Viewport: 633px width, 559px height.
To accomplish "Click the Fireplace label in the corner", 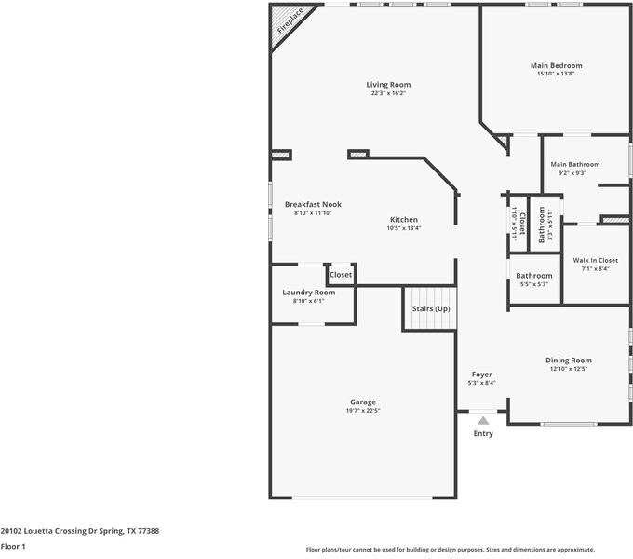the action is click(290, 21).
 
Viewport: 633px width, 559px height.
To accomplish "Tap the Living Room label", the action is click(388, 85).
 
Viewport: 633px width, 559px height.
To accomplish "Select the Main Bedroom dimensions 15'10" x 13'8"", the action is click(556, 74).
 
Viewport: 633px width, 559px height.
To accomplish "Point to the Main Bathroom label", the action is click(575, 164).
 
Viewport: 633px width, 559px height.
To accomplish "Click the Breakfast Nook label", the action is click(313, 204).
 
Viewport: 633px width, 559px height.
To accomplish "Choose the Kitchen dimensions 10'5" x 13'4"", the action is click(404, 228).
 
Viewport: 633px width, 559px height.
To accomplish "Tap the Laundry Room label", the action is click(308, 293).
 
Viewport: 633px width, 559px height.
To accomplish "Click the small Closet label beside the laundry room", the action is click(341, 275).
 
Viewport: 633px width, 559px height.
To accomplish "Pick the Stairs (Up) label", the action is click(431, 308).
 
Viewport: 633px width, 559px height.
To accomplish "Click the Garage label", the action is click(363, 402).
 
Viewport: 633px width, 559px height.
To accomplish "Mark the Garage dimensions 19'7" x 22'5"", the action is click(363, 411).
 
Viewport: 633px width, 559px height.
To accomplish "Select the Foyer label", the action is click(481, 375).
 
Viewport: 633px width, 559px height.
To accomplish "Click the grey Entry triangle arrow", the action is click(483, 421).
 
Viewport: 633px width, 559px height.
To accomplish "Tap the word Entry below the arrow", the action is click(483, 433).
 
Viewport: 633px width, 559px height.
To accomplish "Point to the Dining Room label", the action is click(569, 361).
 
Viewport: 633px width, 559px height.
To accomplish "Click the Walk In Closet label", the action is click(596, 261).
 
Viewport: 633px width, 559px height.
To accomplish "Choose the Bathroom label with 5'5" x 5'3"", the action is click(534, 276).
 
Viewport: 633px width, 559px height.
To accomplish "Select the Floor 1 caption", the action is click(13, 547).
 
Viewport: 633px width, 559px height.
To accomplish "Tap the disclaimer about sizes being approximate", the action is click(451, 550).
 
